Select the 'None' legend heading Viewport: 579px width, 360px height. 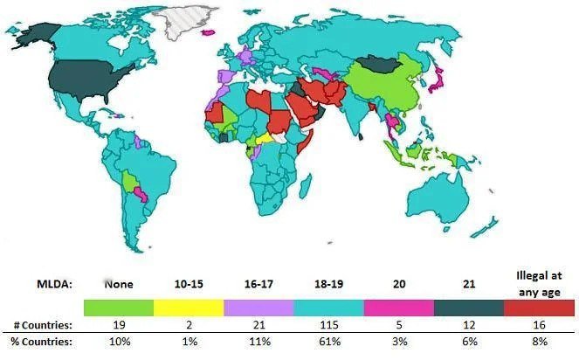(x=118, y=284)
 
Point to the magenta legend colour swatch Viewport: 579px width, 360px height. (x=399, y=308)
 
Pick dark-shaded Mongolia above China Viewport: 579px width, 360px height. (x=383, y=64)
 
